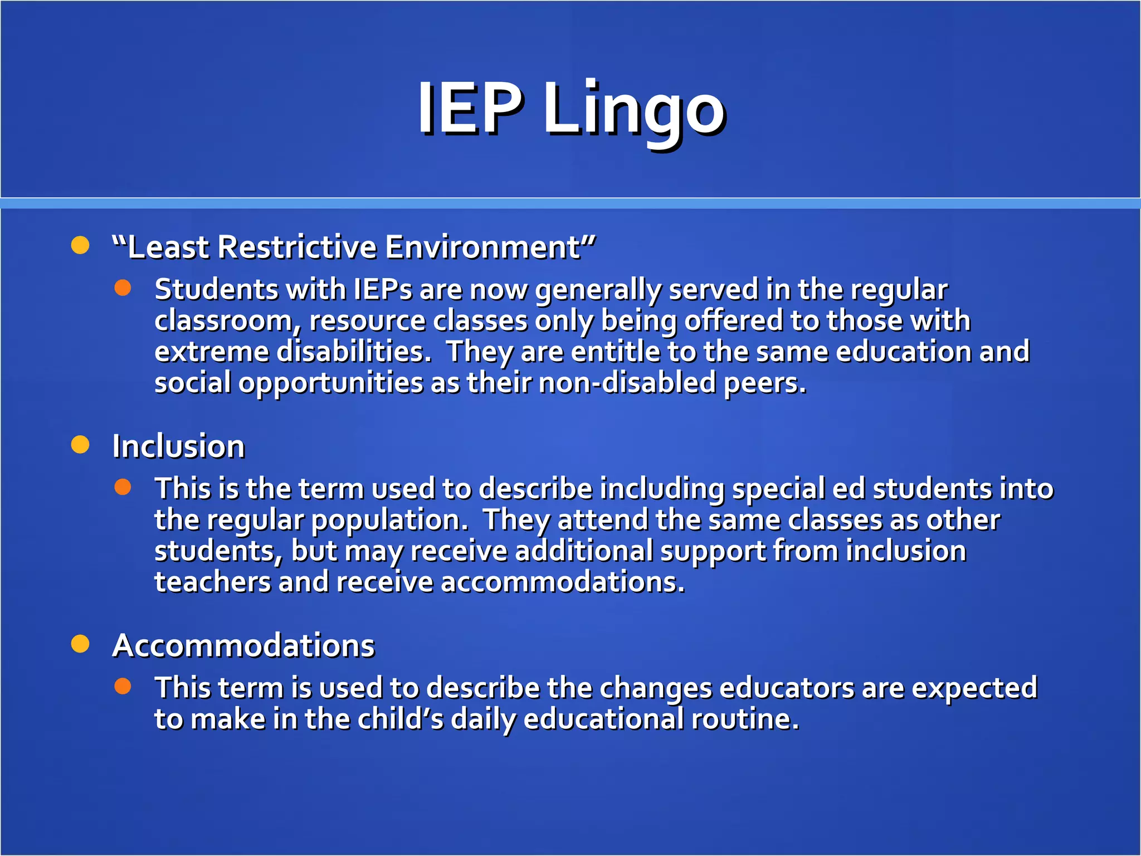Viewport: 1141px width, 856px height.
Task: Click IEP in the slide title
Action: click(471, 108)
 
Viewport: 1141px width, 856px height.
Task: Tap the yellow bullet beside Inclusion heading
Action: click(80, 445)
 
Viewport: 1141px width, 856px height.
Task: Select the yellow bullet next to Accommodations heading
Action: click(80, 644)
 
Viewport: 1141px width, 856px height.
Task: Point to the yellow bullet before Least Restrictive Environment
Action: click(80, 245)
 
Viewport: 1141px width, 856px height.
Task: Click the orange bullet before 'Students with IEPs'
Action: click(123, 288)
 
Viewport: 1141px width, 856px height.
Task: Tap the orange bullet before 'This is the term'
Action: click(123, 487)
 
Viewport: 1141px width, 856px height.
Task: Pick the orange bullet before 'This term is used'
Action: click(123, 686)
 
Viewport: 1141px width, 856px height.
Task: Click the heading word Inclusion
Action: click(178, 446)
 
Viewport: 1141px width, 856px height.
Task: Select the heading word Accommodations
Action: click(243, 646)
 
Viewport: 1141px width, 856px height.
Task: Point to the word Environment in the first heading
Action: click(482, 247)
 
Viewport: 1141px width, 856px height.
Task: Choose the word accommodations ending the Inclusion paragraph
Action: click(562, 582)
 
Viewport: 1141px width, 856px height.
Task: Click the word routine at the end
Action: click(745, 719)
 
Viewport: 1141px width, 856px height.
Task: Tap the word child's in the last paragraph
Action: click(400, 719)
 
